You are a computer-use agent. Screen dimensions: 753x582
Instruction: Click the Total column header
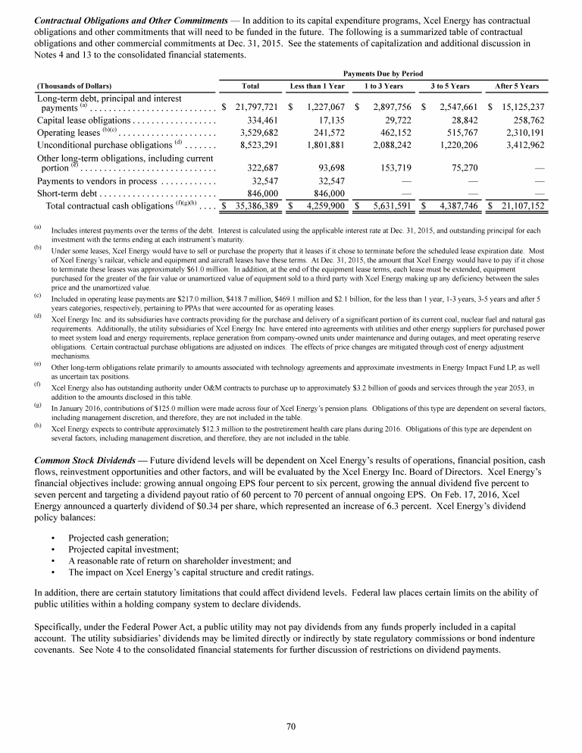point(250,86)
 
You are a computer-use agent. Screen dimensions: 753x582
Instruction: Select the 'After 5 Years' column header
point(516,86)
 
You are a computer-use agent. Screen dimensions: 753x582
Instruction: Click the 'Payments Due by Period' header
point(383,74)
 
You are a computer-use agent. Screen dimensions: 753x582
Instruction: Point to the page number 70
point(290,727)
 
